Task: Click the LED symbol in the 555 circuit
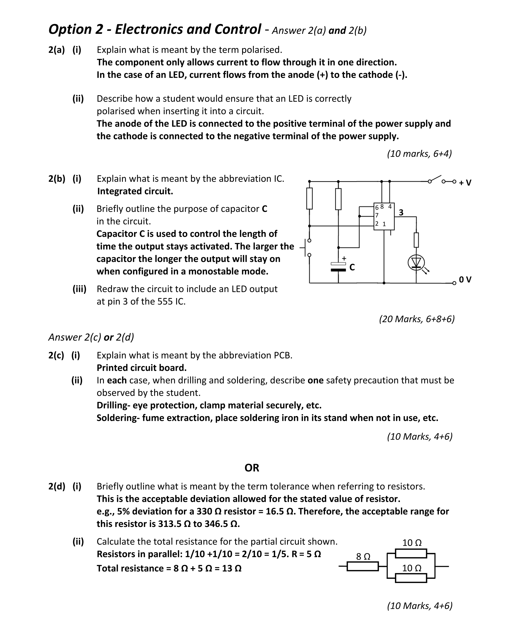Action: [x=416, y=262]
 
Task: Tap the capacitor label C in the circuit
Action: [x=352, y=267]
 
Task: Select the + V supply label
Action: [x=465, y=183]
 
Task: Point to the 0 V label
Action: [x=465, y=280]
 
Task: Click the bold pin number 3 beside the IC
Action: [x=401, y=213]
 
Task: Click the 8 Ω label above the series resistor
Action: [x=363, y=557]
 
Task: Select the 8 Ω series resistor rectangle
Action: [x=362, y=567]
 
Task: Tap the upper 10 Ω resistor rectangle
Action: [x=411, y=554]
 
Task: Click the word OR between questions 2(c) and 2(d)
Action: [x=252, y=468]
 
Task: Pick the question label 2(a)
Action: [x=56, y=50]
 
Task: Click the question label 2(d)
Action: [x=56, y=486]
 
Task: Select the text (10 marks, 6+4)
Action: [x=419, y=154]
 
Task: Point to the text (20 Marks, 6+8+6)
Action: [x=417, y=319]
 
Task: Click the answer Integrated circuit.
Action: [x=135, y=191]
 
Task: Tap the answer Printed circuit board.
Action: [x=142, y=367]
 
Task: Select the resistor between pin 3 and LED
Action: [x=416, y=240]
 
